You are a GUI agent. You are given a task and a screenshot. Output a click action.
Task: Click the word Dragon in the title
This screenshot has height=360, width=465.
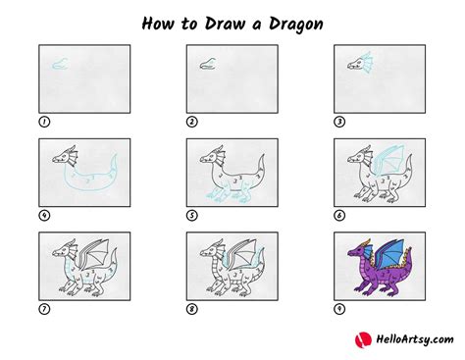pos(296,25)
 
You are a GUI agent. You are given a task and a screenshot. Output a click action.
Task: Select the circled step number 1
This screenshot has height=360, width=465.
pos(44,122)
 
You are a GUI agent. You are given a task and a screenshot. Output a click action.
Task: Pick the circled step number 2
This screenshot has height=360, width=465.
pos(192,122)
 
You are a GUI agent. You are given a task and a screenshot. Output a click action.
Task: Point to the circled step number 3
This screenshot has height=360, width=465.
pos(339,122)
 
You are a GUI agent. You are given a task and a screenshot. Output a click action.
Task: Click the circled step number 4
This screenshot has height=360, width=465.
pos(44,216)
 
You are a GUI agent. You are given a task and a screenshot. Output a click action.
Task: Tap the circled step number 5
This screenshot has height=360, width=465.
pos(192,216)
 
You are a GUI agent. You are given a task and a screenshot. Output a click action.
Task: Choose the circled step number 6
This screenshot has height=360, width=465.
pos(339,216)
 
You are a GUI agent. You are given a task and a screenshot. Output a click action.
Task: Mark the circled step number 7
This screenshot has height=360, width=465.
pos(44,309)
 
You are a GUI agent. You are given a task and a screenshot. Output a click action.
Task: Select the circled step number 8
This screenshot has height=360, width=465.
pos(192,309)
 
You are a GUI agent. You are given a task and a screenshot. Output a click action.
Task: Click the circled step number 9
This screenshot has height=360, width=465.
pos(339,309)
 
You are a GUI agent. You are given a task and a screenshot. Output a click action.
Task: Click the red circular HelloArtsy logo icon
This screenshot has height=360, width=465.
pos(363,340)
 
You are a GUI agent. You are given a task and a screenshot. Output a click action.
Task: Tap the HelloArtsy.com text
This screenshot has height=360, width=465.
pos(415,340)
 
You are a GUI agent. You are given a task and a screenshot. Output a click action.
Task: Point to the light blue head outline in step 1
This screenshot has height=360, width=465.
pos(60,64)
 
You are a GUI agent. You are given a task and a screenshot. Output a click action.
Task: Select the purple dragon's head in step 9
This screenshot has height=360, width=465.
pos(357,250)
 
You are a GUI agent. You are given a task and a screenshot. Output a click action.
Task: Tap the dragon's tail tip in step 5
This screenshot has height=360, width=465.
pos(262,156)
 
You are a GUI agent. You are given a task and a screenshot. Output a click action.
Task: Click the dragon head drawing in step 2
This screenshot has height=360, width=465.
pos(208,64)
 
